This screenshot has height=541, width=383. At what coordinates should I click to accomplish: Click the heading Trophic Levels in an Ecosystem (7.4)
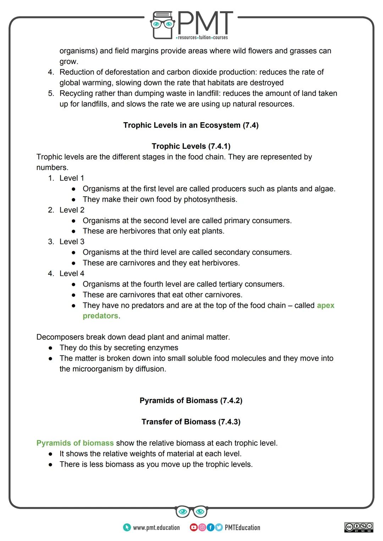click(191, 125)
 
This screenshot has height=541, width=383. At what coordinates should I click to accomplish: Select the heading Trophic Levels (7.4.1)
click(191, 146)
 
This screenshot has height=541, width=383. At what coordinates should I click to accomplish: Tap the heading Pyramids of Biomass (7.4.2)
click(191, 401)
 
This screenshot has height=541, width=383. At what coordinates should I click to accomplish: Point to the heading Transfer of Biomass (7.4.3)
click(191, 422)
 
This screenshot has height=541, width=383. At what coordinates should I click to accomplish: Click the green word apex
click(326, 305)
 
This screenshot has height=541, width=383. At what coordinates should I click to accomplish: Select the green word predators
click(100, 316)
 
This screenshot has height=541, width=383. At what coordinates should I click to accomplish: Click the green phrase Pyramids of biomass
click(75, 443)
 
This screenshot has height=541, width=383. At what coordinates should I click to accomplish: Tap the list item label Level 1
click(72, 178)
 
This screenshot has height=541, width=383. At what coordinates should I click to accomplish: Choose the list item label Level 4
click(72, 274)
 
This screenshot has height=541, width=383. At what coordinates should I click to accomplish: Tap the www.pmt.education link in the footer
click(156, 528)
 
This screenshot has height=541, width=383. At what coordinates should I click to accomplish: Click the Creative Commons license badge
click(359, 527)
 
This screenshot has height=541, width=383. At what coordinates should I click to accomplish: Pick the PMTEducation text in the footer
click(242, 528)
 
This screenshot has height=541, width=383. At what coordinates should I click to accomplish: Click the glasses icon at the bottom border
click(191, 512)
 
